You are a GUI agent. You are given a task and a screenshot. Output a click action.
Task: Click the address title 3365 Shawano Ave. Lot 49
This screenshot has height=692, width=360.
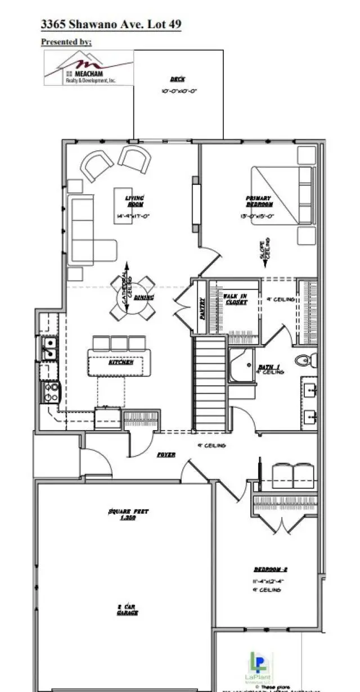coord(111,25)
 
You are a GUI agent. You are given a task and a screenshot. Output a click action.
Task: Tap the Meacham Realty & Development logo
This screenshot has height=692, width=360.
coord(89,67)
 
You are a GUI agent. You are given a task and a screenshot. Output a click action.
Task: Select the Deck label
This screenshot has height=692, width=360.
coord(178,80)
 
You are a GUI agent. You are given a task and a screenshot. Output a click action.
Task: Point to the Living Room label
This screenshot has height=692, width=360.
coord(134,201)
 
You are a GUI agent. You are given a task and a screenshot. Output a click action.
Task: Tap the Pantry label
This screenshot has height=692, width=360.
coord(202,308)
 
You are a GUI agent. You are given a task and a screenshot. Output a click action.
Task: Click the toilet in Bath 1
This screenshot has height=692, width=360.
coord(305,359)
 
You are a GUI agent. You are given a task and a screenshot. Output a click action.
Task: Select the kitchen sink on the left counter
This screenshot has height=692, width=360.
coord(48,348)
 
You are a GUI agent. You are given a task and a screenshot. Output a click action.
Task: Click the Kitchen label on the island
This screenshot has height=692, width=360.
coord(120,363)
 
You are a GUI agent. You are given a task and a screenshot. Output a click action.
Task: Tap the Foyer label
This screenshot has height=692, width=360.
coord(165,454)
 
